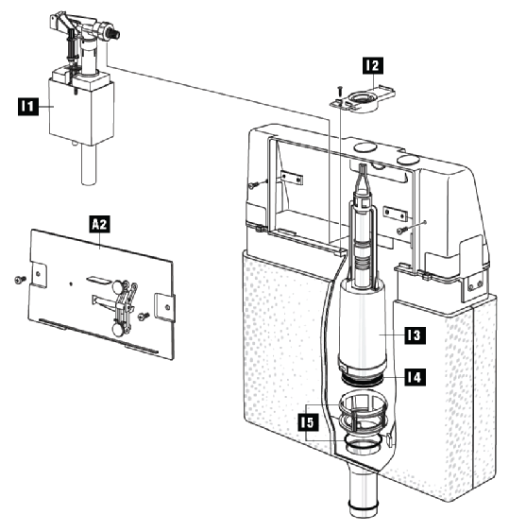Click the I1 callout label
point(27,106)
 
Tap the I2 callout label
point(373,65)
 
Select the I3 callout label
point(416,335)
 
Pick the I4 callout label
point(416,377)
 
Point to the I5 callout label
point(308,422)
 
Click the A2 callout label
point(100,224)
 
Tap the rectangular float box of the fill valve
point(81,111)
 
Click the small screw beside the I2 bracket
point(340,91)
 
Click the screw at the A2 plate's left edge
point(21,280)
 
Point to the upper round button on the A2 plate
point(118,287)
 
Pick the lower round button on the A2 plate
point(118,329)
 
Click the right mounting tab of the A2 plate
point(165,307)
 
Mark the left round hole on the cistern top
point(365,147)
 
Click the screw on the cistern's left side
point(254,185)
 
